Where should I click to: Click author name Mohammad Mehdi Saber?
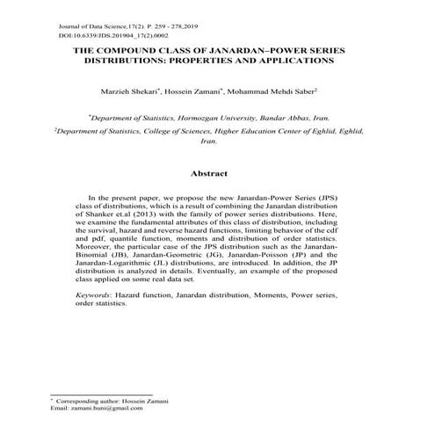(282, 91)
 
